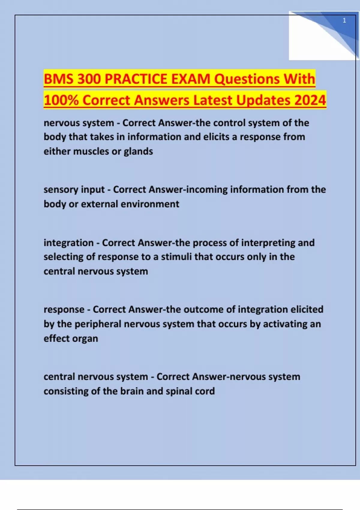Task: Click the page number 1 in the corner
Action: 344,20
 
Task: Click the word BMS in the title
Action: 58,79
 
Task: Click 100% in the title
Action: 61,100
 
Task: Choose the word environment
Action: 150,204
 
